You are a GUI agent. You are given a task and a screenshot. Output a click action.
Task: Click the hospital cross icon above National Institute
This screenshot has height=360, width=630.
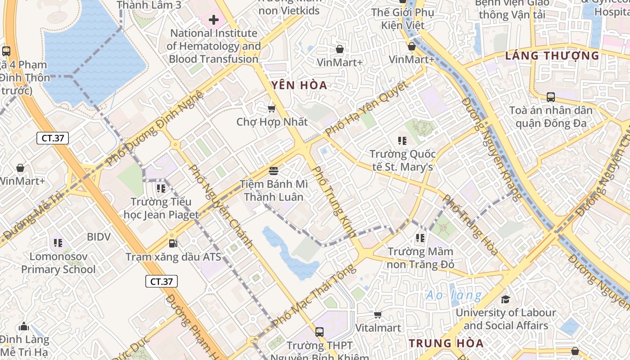214,20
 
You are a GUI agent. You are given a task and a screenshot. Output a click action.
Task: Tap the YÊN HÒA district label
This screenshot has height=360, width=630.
299,85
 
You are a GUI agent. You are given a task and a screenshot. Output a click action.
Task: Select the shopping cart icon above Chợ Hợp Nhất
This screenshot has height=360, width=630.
271,108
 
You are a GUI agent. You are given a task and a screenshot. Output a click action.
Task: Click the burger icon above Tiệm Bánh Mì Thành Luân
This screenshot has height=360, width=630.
273,171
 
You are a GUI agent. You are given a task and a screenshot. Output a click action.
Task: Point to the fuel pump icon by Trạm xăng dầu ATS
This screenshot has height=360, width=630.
172,243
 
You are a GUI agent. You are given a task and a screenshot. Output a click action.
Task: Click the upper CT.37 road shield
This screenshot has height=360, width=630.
53,138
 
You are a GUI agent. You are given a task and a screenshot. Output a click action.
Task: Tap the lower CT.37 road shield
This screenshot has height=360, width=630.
161,282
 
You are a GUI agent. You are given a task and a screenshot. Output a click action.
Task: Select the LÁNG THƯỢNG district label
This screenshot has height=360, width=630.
552,56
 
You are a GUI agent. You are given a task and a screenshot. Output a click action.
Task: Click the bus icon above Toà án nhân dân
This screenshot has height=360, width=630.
550,97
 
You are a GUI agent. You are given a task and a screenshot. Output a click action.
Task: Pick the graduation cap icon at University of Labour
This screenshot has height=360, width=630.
505,299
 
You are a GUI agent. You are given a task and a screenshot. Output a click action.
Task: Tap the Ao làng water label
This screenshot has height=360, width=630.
454,295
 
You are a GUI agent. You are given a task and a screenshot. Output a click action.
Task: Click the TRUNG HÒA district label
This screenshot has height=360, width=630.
446,343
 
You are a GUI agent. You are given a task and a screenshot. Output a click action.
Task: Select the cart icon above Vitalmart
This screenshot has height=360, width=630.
378,315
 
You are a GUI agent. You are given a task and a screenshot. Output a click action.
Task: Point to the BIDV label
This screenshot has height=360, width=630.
99,237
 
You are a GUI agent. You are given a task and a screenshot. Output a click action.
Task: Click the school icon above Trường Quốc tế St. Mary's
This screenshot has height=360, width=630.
402,141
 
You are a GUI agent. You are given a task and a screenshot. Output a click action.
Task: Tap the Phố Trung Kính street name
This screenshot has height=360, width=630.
334,202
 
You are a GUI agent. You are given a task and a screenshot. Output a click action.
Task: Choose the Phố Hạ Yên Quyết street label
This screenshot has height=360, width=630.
366,108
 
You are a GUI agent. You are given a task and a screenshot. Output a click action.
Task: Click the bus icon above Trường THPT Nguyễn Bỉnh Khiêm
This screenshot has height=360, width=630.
319,332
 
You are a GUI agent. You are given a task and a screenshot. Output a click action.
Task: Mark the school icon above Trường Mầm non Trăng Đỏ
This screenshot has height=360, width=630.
420,238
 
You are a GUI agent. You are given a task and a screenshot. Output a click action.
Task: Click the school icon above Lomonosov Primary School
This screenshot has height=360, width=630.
58,243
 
